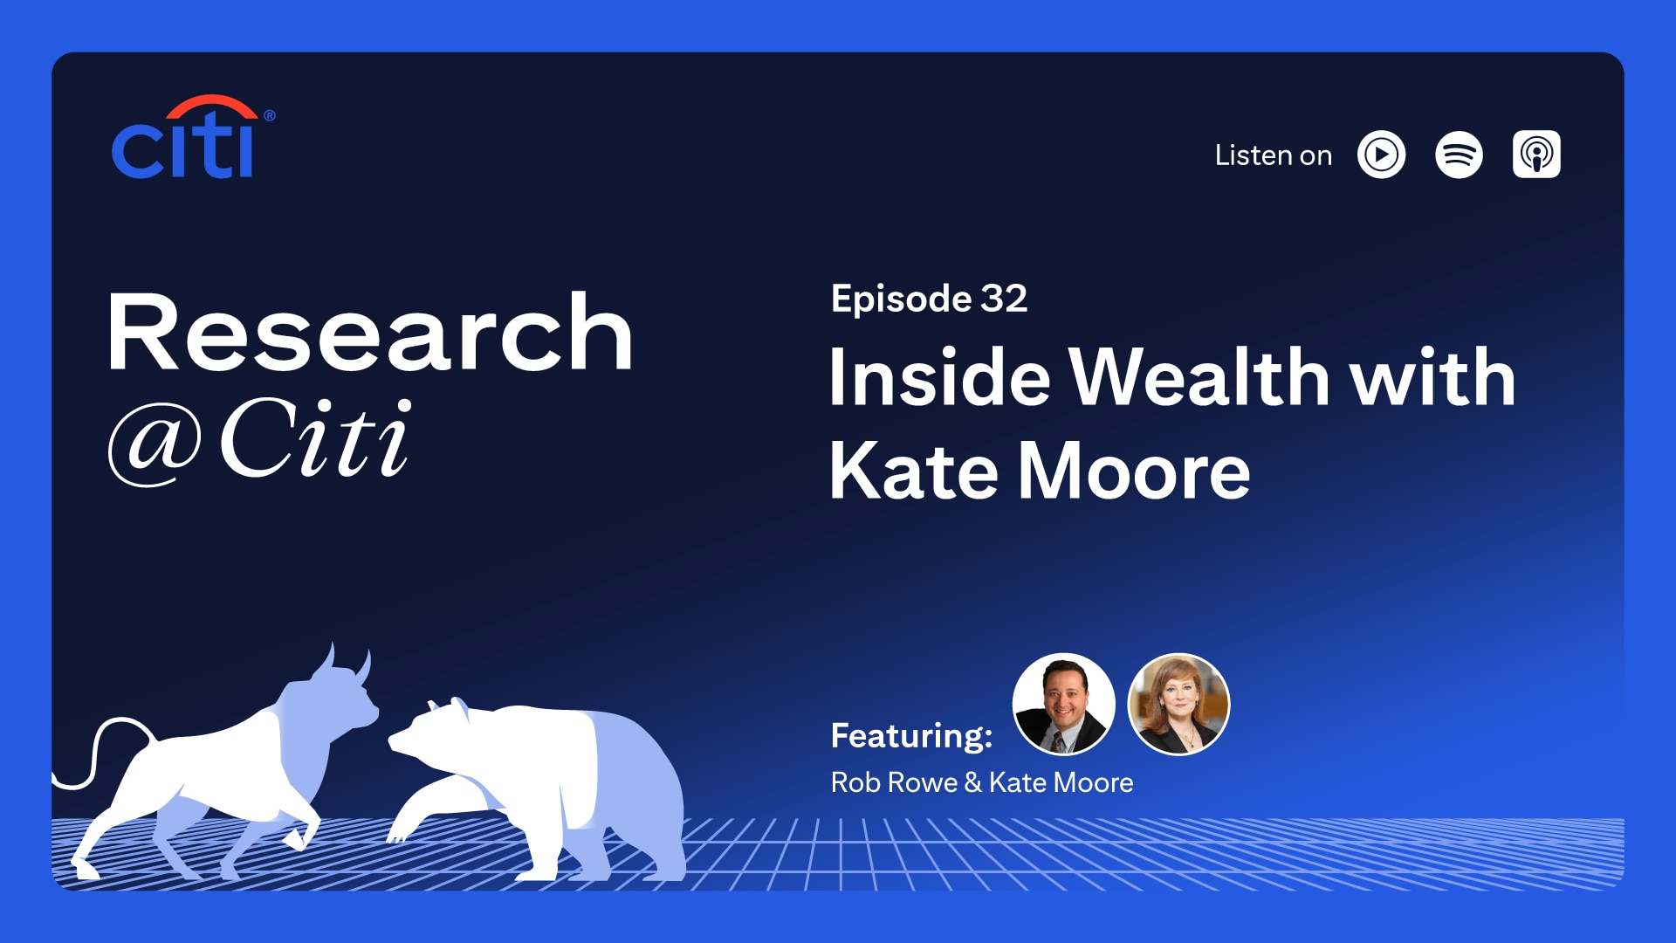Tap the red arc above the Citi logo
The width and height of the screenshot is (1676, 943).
click(x=212, y=103)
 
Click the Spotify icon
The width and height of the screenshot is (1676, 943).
click(x=1459, y=155)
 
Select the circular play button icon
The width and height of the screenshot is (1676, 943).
click(x=1381, y=155)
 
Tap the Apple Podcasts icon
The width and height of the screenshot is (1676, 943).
click(x=1536, y=155)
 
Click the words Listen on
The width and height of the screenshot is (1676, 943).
click(x=1273, y=155)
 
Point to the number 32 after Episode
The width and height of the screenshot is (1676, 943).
click(x=1004, y=299)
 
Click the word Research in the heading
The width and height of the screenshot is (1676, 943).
click(x=369, y=333)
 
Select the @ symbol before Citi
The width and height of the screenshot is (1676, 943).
click(x=155, y=443)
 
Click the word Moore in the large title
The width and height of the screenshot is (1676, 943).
click(x=1134, y=471)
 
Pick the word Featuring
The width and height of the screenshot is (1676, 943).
click(x=911, y=735)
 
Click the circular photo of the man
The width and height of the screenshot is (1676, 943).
click(x=1063, y=704)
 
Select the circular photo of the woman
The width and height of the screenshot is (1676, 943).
click(x=1178, y=704)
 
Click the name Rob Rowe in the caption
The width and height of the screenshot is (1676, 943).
click(x=894, y=782)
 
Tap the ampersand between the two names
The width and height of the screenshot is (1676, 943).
click(x=973, y=783)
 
